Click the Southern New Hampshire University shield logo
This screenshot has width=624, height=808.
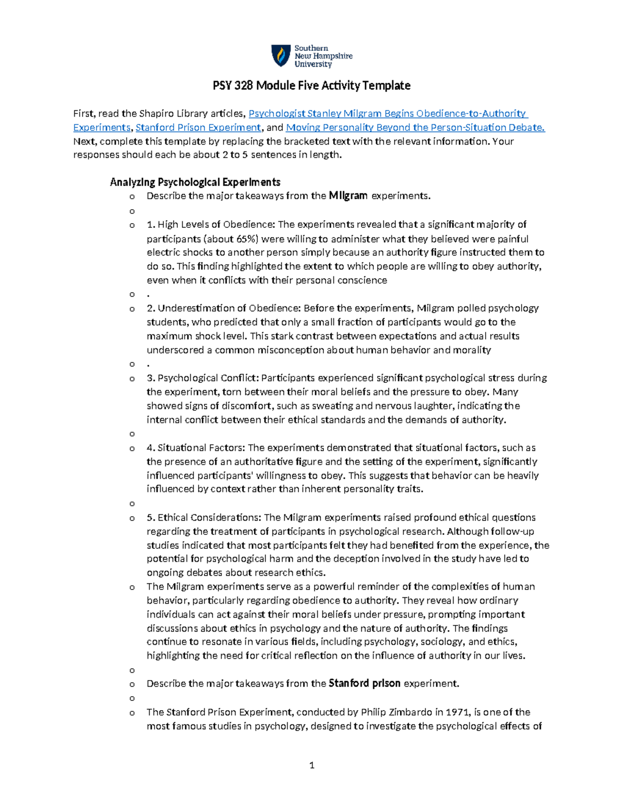pyautogui.click(x=281, y=56)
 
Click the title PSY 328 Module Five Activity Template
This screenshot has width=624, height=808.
pyautogui.click(x=311, y=86)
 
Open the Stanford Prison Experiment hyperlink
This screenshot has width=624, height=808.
pyautogui.click(x=198, y=127)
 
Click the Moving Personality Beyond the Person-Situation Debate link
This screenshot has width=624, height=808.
pyautogui.click(x=415, y=127)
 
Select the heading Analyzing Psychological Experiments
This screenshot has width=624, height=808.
pyautogui.click(x=195, y=182)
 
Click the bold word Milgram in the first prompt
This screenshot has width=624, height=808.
pyautogui.click(x=348, y=196)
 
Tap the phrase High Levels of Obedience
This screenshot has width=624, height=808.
pyautogui.click(x=215, y=225)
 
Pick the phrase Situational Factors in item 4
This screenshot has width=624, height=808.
pyautogui.click(x=202, y=447)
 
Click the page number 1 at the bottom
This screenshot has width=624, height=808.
pyautogui.click(x=311, y=765)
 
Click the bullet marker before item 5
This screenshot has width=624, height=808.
pyautogui.click(x=132, y=518)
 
